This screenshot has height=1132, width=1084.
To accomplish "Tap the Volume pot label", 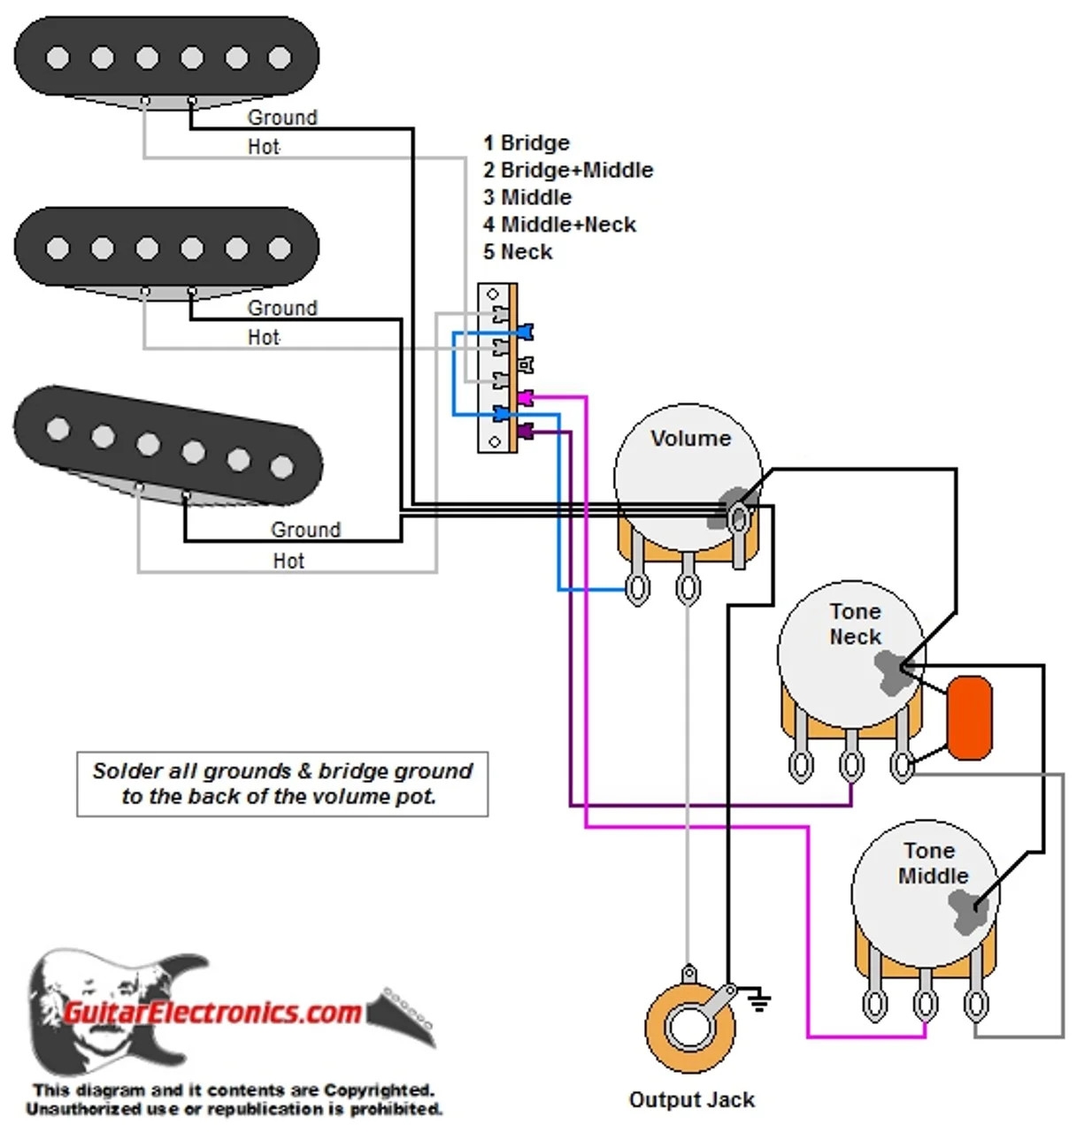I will pos(690,439).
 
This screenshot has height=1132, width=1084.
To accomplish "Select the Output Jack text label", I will pos(691,1100).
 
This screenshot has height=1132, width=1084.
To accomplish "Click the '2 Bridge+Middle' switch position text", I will pos(567,170).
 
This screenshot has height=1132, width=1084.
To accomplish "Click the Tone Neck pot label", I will pos(855,623).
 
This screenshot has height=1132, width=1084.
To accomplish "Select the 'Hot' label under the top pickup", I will pos(263,147).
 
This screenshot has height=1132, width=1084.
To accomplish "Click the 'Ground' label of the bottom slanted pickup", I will pos(305,530).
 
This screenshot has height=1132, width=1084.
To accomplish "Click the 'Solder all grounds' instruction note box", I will pos(282,784).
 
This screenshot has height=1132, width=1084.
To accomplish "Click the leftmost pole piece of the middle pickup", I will pos(58,249).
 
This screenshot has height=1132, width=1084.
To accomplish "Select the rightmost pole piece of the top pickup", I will pos(280,58).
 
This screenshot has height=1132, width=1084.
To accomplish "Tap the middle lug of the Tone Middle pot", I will pos(925,1005).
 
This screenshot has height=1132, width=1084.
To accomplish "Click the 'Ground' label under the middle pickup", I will pos(281,308).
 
